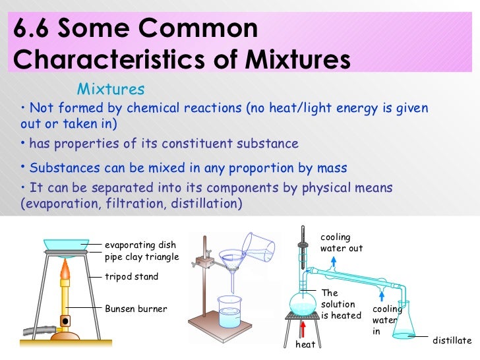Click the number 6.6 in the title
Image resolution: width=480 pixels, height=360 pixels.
(x=32, y=28)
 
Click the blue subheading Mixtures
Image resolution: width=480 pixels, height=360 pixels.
(x=111, y=89)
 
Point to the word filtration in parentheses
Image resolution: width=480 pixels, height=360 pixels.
(x=133, y=204)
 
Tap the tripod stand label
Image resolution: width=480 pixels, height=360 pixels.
(x=132, y=277)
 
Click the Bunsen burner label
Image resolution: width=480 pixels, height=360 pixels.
(x=136, y=309)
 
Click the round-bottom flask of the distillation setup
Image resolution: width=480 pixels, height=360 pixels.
(x=305, y=302)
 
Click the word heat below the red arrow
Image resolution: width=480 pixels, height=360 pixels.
(x=305, y=344)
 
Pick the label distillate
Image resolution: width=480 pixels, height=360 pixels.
(x=452, y=340)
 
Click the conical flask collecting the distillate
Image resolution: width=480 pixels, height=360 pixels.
(x=403, y=324)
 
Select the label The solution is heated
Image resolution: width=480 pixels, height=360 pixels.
(x=341, y=304)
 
